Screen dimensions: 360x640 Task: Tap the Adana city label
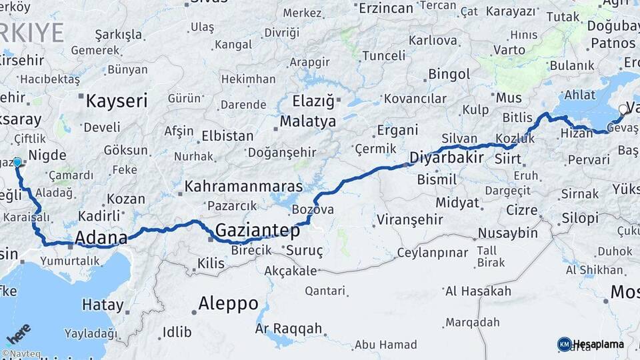click(x=101, y=237)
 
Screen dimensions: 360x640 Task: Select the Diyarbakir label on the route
click(x=446, y=159)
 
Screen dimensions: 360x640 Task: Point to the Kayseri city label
click(x=117, y=101)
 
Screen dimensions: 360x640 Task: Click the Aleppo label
click(x=229, y=304)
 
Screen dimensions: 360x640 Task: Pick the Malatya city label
click(x=307, y=122)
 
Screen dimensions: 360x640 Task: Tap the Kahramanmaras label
click(x=243, y=187)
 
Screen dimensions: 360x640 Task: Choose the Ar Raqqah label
click(x=289, y=329)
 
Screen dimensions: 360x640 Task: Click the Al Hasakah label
click(x=478, y=291)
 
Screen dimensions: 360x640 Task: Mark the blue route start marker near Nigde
click(x=17, y=162)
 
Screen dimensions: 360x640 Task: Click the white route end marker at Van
click(x=623, y=109)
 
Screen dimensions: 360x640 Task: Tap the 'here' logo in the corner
click(x=19, y=333)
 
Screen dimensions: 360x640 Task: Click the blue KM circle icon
click(x=565, y=344)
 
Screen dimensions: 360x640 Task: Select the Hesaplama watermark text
click(x=599, y=344)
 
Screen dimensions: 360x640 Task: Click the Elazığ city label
click(x=313, y=101)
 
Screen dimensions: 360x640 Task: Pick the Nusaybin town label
click(x=508, y=233)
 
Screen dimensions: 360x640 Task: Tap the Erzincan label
click(x=386, y=8)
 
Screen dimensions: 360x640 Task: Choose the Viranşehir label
click(x=409, y=219)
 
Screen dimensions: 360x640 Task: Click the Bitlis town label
click(x=517, y=117)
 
